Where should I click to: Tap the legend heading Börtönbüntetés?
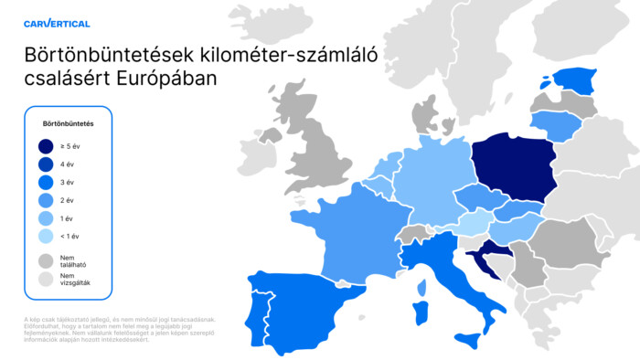pos(69,122)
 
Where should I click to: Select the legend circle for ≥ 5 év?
pos(46,145)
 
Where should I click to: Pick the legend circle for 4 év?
pos(46,164)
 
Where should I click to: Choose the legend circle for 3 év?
pos(46,182)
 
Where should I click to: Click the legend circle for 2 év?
pos(46,200)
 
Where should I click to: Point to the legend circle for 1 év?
pos(46,218)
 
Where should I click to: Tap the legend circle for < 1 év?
pos(46,237)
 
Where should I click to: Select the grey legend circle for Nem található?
pos(46,260)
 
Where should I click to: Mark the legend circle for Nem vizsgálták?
pos(46,279)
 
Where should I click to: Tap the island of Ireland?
pos(251,151)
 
